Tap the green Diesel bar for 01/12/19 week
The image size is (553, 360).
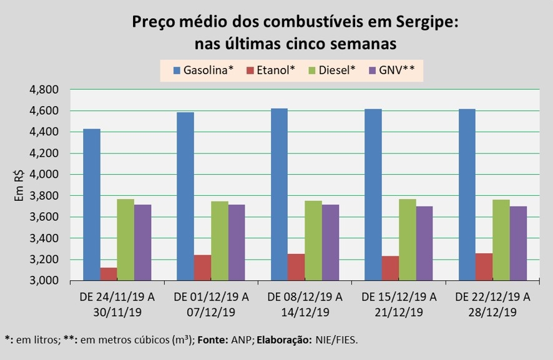pyautogui.click(x=219, y=241)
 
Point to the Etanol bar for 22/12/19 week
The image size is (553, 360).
pyautogui.click(x=484, y=266)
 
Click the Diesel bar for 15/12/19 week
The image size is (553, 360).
pyautogui.click(x=408, y=240)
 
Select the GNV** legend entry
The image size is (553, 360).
pyautogui.click(x=391, y=71)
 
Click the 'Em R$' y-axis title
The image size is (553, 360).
pyautogui.click(x=19, y=185)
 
